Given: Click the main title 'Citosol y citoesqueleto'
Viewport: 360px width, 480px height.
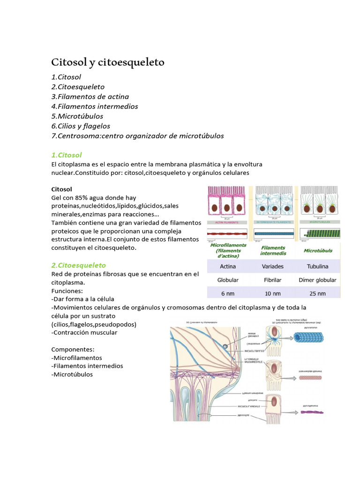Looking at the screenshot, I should [x=107, y=62].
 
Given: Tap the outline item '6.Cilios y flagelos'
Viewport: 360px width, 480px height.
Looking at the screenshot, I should [x=81, y=126].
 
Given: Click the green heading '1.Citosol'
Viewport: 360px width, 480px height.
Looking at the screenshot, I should [x=66, y=155].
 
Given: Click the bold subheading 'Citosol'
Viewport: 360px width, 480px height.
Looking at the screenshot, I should [x=61, y=189].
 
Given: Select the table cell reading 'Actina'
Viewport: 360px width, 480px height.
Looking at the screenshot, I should [x=228, y=266].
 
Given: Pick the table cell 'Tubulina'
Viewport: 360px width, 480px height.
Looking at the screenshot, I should [x=317, y=266].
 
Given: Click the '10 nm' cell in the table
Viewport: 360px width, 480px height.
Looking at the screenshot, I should [x=273, y=294].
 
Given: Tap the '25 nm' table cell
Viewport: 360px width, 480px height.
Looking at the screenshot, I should [x=317, y=294].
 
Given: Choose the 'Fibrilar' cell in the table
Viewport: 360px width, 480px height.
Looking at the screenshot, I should [x=273, y=280].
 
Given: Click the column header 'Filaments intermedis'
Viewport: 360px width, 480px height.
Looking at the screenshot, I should [x=273, y=251].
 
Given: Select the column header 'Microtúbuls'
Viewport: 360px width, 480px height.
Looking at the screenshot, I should [x=318, y=251].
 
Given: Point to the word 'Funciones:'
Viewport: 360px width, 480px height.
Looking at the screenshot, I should [x=67, y=291].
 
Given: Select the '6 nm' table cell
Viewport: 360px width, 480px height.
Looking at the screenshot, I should [x=228, y=294].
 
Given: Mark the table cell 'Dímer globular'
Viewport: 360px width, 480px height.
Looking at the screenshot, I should [x=317, y=280].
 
